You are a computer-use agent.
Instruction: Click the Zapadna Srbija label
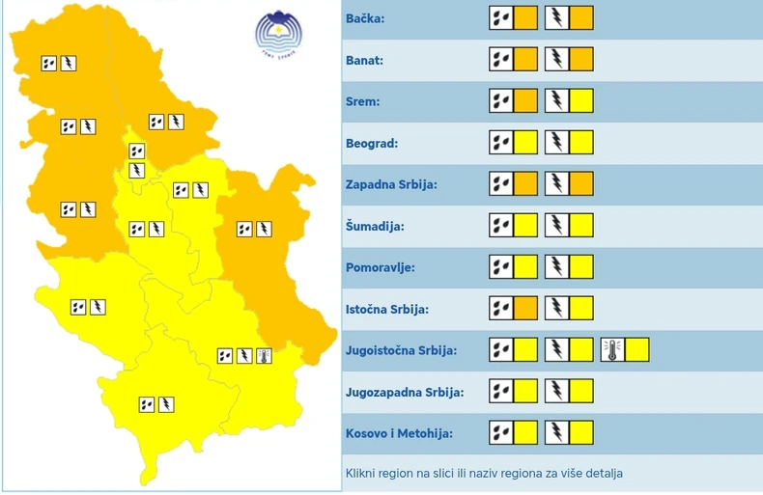(x=391, y=184)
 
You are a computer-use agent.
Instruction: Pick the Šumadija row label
(x=375, y=227)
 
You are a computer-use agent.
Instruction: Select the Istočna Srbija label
(x=386, y=310)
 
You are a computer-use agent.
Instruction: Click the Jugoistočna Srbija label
(x=401, y=351)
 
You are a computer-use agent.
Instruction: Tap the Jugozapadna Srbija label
(x=404, y=393)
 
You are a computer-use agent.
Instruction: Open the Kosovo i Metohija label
(x=398, y=434)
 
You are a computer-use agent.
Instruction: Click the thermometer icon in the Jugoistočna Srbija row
(x=611, y=350)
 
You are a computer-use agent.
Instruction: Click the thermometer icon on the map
(x=264, y=356)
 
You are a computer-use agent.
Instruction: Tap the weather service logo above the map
(x=279, y=36)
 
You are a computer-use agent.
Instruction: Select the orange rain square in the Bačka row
(x=525, y=18)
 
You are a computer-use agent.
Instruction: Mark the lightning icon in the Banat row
(x=556, y=60)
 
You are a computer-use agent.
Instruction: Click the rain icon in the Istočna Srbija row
(x=500, y=309)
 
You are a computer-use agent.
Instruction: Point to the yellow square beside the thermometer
(x=636, y=350)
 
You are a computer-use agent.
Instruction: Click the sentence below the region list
(x=484, y=474)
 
